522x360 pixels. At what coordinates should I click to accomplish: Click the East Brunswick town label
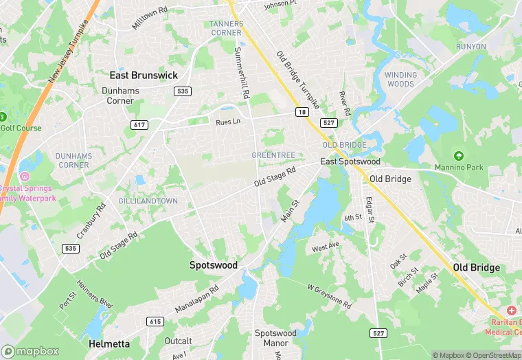pos(144,76)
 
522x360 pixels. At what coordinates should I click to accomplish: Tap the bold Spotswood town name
pos(214,265)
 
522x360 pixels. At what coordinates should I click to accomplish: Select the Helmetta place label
pos(109,342)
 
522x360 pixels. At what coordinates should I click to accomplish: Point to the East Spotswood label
pos(349,161)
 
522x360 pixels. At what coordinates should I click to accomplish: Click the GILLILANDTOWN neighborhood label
pos(148,201)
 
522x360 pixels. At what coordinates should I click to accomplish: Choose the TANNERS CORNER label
pos(226,28)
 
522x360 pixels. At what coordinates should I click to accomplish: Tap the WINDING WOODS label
pos(400,80)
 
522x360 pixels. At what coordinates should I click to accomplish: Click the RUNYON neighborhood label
pos(470,47)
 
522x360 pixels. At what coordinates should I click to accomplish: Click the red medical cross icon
pos(511,311)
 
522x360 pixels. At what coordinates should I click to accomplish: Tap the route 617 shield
pos(140,124)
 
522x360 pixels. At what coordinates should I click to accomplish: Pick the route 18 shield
pos(302,111)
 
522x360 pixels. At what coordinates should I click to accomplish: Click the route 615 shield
pos(155,322)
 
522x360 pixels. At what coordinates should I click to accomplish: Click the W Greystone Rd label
pos(329,296)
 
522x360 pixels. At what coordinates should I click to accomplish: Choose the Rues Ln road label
pos(227,122)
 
